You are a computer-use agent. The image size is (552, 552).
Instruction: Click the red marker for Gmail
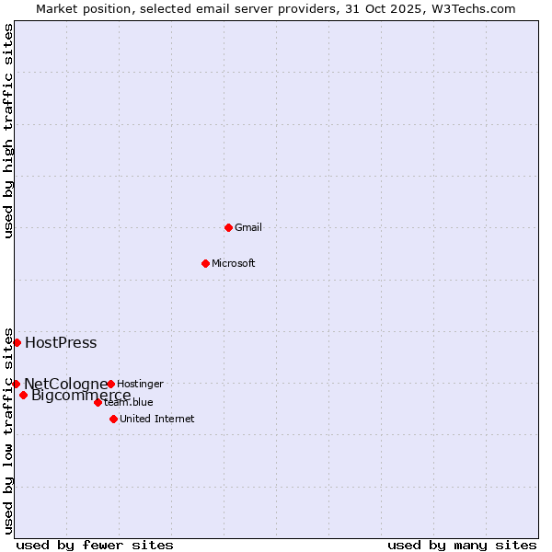(228, 227)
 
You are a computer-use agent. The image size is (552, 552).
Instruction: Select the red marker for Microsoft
(205, 263)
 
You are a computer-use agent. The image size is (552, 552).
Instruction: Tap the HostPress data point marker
(17, 342)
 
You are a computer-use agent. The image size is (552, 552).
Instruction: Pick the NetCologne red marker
(16, 384)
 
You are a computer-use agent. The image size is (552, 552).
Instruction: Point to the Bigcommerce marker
(23, 396)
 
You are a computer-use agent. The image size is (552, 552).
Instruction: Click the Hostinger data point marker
(110, 384)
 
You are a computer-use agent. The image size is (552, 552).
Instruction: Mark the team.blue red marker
(98, 402)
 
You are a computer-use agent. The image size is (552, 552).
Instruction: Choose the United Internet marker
(113, 419)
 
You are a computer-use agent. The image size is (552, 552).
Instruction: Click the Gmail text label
(248, 227)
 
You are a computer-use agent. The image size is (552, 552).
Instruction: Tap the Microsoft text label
(234, 263)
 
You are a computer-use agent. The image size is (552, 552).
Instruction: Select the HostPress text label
(61, 343)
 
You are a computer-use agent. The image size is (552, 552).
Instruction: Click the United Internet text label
(157, 419)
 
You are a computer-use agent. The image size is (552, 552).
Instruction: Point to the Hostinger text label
(141, 384)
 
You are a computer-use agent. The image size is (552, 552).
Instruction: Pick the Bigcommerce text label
(81, 396)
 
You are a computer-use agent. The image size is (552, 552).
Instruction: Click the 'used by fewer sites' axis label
(95, 545)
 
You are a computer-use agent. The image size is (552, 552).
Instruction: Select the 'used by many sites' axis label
(462, 545)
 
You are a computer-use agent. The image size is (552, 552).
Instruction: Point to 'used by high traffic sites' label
(9, 131)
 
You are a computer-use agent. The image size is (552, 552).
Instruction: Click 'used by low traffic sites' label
(9, 431)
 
